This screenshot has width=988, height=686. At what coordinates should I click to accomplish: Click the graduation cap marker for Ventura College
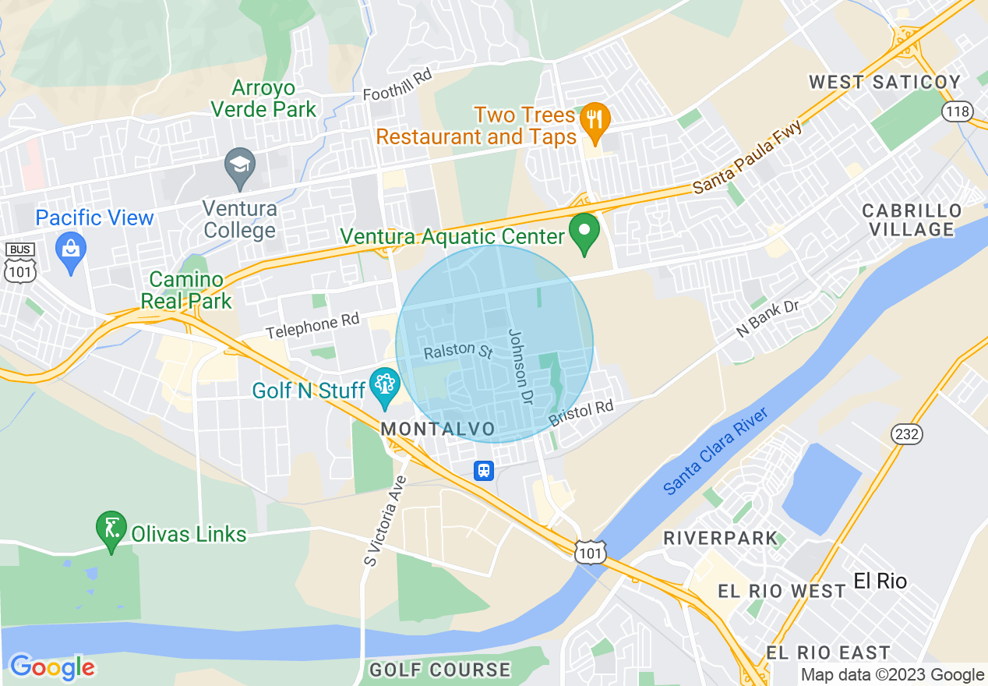pos(239,166)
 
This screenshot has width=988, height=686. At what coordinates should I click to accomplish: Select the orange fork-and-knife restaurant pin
pos(595,120)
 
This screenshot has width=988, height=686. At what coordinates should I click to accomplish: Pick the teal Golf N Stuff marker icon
pos(384,385)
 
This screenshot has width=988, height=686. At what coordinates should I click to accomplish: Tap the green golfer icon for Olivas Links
pos(111,529)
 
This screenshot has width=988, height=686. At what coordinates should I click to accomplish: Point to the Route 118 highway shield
pos(957,111)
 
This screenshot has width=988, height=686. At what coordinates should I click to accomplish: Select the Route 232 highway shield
pos(907,434)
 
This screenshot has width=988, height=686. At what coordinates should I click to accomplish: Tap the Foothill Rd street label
pos(397,85)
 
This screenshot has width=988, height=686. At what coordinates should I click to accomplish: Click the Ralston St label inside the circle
pos(458,351)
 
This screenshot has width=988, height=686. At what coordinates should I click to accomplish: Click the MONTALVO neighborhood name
pos(438,430)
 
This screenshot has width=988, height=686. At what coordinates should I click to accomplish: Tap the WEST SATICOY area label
pos(884,82)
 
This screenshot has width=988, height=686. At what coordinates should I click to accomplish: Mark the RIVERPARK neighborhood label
pos(720,538)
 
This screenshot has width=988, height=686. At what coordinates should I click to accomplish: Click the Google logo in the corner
pos(52,667)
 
